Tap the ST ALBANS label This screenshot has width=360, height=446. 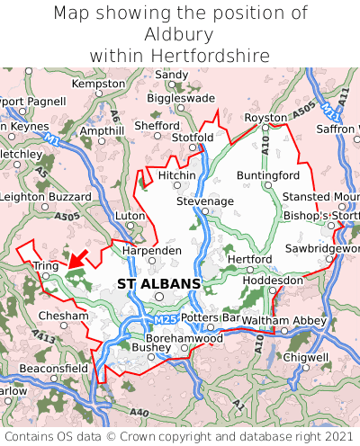[x=159, y=284]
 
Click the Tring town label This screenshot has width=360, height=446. [x=46, y=266]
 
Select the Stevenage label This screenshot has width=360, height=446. [x=204, y=201]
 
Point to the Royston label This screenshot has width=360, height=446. [x=266, y=118]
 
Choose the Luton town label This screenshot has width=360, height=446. [x=130, y=217]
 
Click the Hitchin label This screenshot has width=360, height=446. [x=176, y=174]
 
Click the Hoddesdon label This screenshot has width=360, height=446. [x=274, y=281]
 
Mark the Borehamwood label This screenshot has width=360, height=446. [x=184, y=338]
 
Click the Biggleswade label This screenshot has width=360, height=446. [x=181, y=98]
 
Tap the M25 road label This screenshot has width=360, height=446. [x=161, y=320]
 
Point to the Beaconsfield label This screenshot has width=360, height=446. [x=54, y=369]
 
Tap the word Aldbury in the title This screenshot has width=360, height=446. [x=180, y=34]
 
